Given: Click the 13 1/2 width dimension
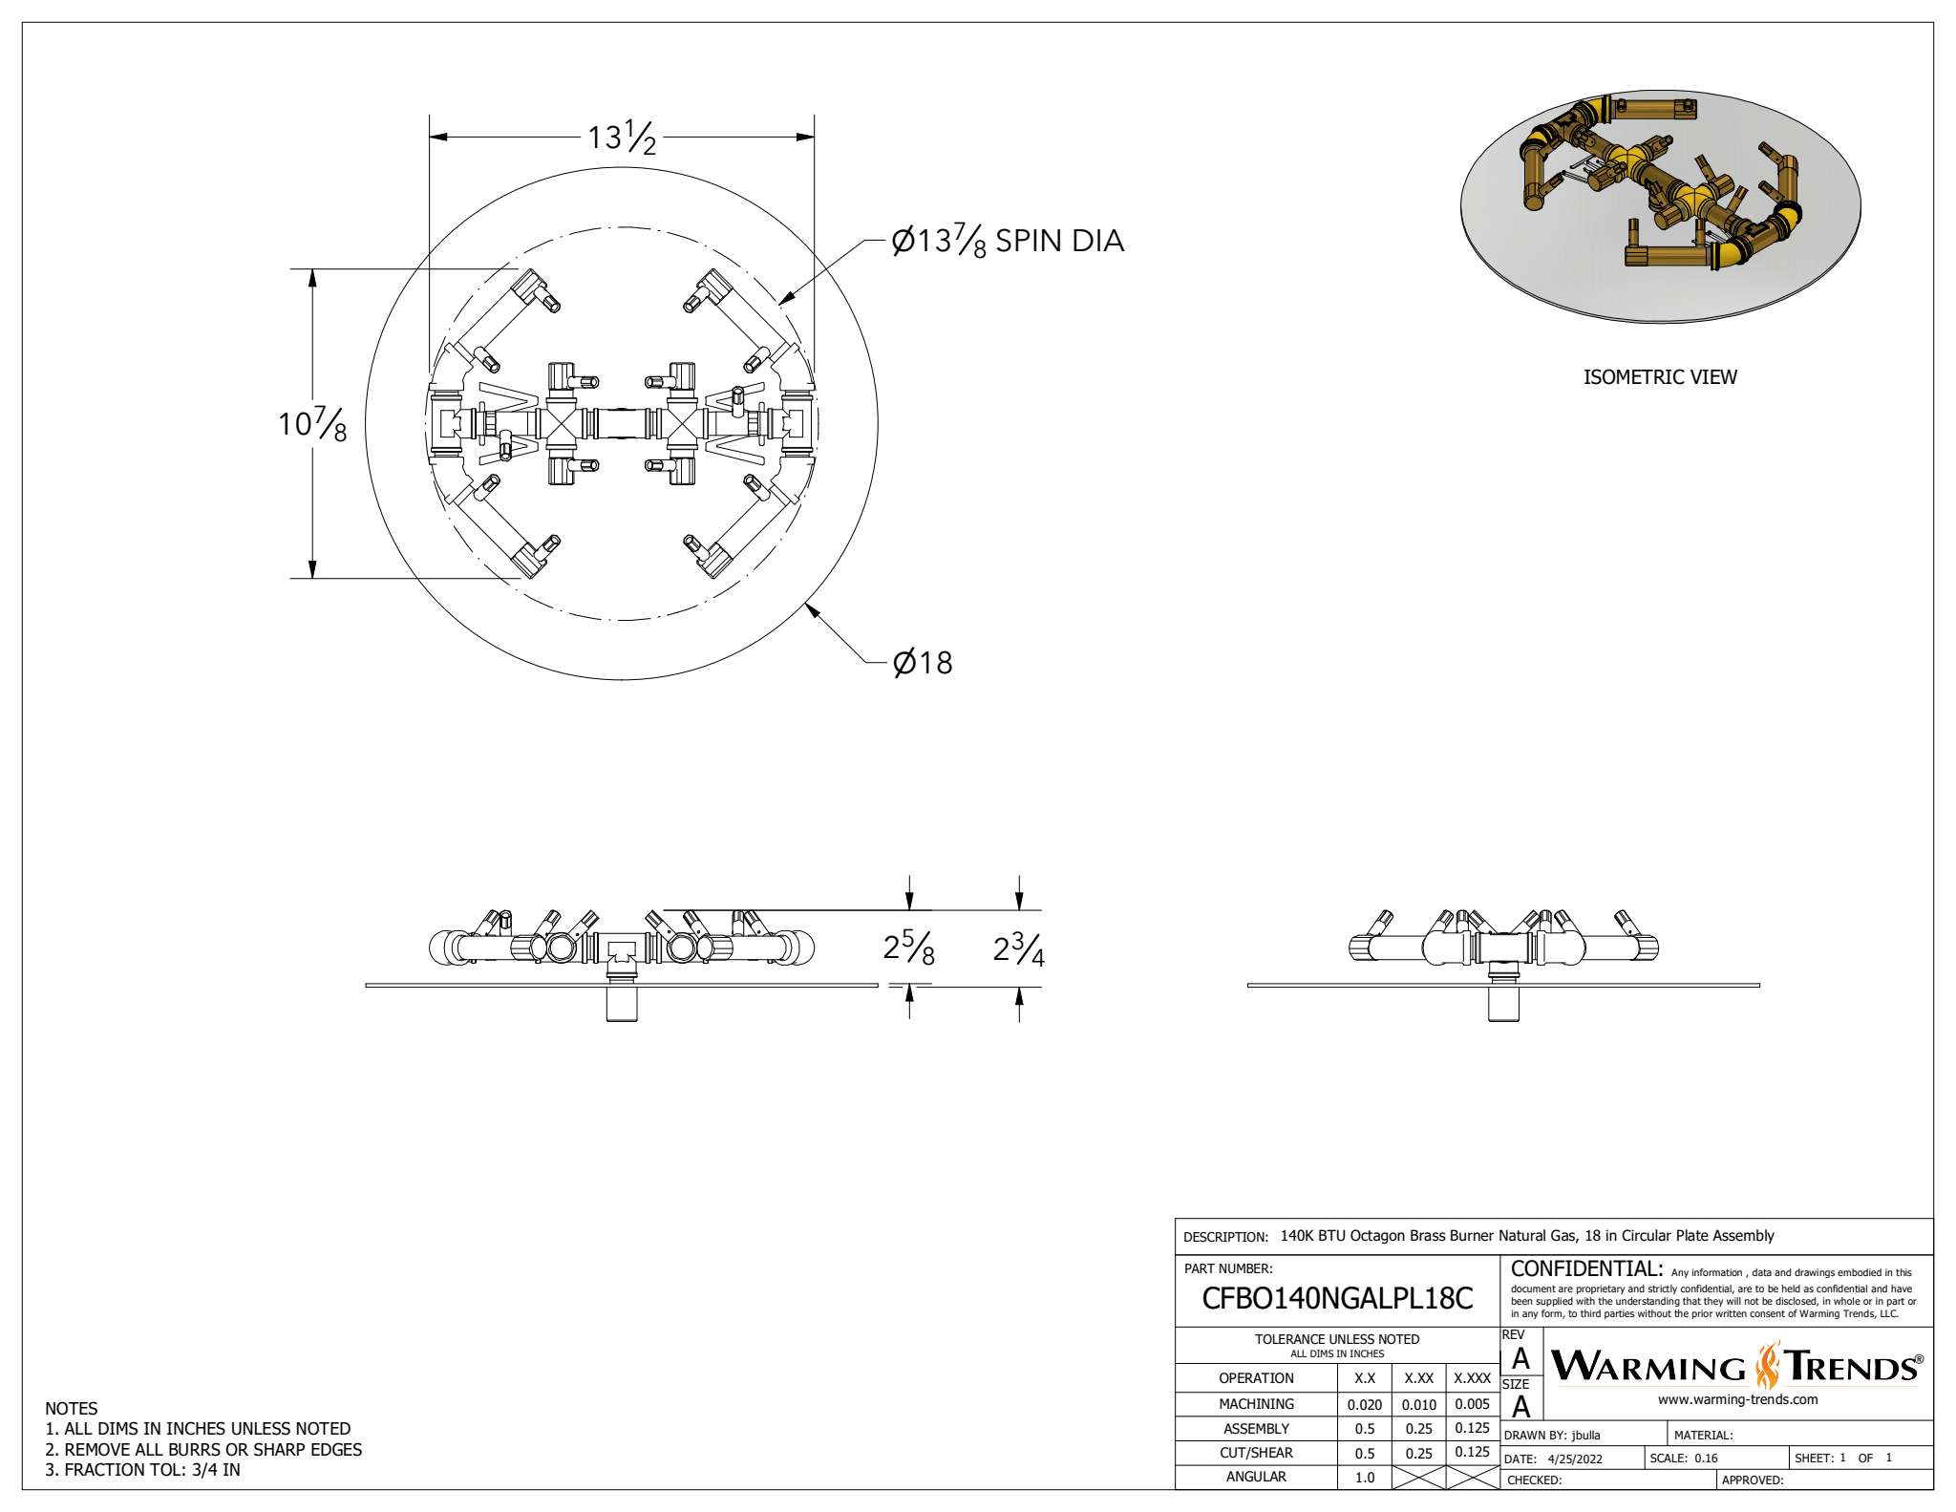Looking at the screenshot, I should [x=622, y=138].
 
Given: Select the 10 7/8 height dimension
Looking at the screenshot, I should [x=312, y=423].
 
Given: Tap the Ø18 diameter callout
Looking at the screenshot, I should [x=923, y=662].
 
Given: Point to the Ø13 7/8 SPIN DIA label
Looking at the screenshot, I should [x=1007, y=241].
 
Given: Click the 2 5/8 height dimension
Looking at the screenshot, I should [x=908, y=948].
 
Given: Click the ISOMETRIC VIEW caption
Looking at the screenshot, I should [x=1660, y=377].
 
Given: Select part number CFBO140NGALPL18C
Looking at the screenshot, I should [x=1337, y=1298].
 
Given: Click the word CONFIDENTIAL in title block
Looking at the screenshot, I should [x=1586, y=1268].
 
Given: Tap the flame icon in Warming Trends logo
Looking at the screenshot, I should [x=1767, y=1366].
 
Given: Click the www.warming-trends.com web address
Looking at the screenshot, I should [x=1737, y=1399].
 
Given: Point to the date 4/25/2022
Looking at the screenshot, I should [x=1575, y=1459].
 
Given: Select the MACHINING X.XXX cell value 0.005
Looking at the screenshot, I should [x=1472, y=1404].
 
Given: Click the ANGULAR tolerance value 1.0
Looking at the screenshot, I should [x=1365, y=1477].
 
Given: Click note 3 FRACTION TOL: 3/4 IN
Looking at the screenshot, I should [x=143, y=1470].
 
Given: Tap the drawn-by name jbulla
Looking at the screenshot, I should [x=1585, y=1435].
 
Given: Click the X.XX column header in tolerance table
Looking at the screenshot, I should [x=1418, y=1378].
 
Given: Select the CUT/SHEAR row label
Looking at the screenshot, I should [x=1256, y=1453].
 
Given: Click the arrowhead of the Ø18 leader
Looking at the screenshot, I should [x=811, y=607].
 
